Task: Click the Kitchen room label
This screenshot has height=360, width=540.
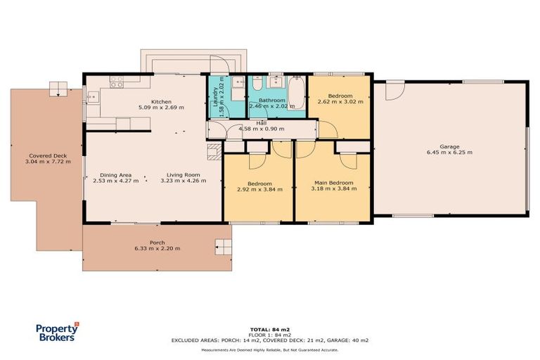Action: tap(162, 101)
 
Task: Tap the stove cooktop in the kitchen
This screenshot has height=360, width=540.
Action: tap(115, 85)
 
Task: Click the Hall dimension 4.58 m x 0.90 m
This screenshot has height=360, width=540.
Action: tap(261, 129)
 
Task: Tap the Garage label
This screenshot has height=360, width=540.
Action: tap(449, 146)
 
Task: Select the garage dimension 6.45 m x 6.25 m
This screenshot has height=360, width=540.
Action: tap(449, 152)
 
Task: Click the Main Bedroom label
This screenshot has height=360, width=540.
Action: tap(333, 182)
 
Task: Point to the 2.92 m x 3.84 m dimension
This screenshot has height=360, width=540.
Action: tap(259, 188)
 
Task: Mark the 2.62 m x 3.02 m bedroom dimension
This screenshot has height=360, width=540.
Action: tap(340, 102)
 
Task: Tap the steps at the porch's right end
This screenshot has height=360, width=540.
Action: tap(224, 246)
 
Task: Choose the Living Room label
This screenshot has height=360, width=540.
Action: tap(184, 174)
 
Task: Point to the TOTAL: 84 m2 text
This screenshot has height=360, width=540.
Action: tap(269, 328)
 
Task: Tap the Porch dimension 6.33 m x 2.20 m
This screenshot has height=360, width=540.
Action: tap(157, 248)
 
